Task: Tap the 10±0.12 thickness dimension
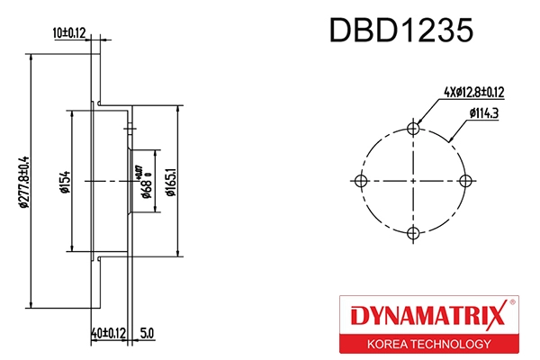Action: [x=69, y=33]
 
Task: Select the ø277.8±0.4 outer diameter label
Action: [x=24, y=181]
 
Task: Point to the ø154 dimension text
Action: [x=65, y=181]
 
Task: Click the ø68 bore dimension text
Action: [x=145, y=183]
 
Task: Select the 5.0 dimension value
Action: [x=148, y=333]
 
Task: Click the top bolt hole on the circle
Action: [x=413, y=128]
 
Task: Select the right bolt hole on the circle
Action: [x=465, y=181]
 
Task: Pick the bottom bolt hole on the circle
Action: [x=413, y=234]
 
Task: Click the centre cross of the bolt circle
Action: [x=413, y=181]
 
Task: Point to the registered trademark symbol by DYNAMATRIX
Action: [x=512, y=303]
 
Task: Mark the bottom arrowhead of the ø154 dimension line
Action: [x=71, y=247]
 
